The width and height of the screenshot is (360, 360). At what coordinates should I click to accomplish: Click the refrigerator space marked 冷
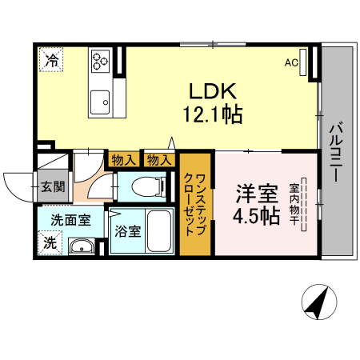pos(52,59)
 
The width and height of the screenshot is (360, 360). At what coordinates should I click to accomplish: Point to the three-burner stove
pos(102,61)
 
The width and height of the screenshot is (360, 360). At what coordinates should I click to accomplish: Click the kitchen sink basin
pos(101,101)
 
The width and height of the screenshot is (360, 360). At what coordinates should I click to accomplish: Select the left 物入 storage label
pos(123,159)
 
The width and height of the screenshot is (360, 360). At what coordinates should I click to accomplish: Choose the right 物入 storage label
pos(159,159)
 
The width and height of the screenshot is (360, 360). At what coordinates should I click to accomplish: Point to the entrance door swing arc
pos(16,186)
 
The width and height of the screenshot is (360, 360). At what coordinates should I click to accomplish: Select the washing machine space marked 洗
pos(50,241)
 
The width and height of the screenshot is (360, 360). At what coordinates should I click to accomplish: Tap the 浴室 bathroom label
pos(127,233)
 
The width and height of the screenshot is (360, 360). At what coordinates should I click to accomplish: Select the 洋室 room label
pos(256,194)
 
